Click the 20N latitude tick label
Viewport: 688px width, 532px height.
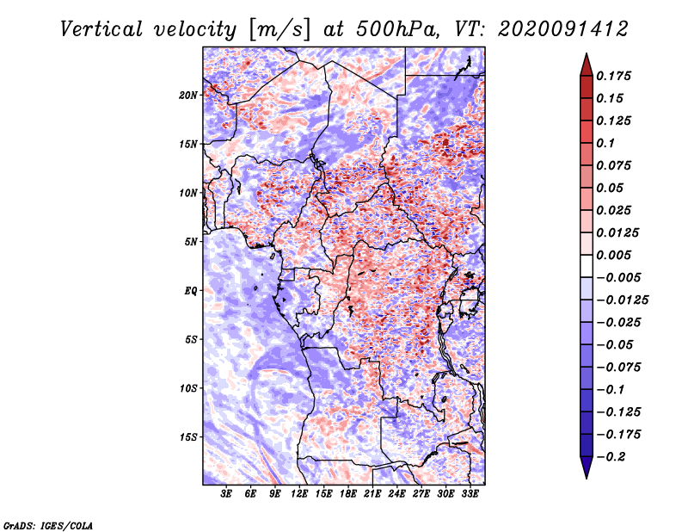coord(188,95)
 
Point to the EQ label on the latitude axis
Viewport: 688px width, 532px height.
coord(191,291)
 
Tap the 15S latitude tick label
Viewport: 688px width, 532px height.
coord(188,437)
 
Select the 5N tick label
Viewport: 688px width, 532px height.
coord(191,242)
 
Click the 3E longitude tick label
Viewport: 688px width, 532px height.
coord(227,494)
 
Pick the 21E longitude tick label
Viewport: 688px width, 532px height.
coord(372,494)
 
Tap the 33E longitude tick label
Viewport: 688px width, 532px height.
coord(470,494)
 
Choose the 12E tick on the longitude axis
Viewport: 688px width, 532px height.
coord(299,494)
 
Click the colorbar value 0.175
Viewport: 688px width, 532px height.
coord(616,77)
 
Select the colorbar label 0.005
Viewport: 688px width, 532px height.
coord(616,256)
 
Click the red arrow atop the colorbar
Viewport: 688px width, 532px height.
coord(586,63)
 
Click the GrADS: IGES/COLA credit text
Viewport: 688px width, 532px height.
coord(47,524)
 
